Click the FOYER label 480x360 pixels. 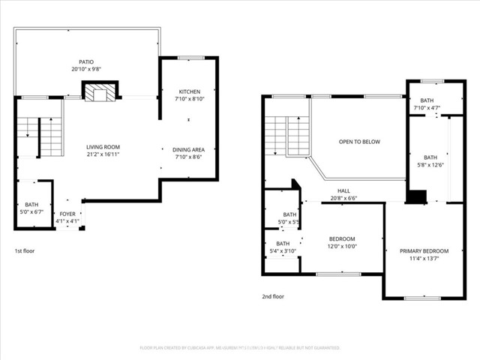tap(67, 214)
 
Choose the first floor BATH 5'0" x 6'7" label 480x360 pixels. tap(31, 205)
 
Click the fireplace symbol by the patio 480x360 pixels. tap(99, 93)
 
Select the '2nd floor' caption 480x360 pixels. tap(273, 297)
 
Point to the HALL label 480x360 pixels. tap(343, 190)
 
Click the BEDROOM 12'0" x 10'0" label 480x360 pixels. tap(343, 238)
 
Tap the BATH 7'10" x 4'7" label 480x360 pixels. tap(427, 100)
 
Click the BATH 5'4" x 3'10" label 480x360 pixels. tap(283, 244)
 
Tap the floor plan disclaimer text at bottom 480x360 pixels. tap(240, 348)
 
